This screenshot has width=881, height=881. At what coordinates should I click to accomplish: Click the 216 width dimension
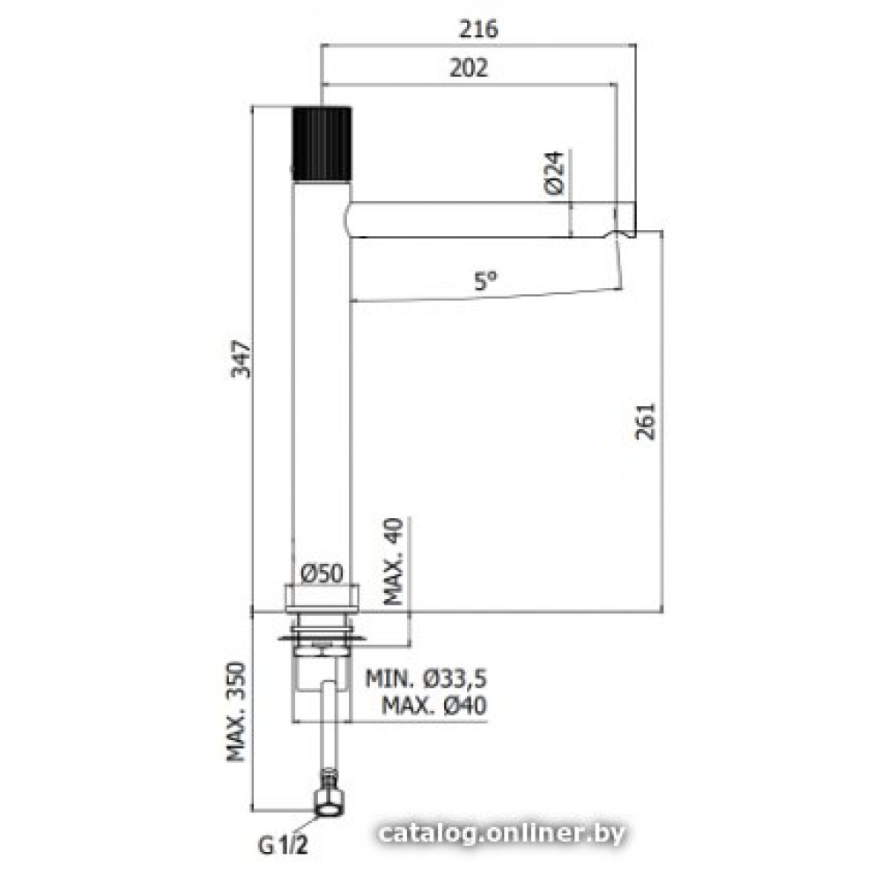478,29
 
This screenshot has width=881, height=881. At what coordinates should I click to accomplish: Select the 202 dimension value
469,68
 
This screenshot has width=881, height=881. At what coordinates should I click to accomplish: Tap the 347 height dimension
242,359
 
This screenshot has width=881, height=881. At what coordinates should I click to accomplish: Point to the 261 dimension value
645,421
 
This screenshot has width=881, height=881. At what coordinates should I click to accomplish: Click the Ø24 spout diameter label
554,173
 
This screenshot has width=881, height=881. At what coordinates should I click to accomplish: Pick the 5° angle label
486,281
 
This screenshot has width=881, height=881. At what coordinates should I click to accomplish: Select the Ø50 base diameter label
322,574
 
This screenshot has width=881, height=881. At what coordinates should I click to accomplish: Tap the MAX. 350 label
236,712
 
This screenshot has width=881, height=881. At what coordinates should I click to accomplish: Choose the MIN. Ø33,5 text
426,678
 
